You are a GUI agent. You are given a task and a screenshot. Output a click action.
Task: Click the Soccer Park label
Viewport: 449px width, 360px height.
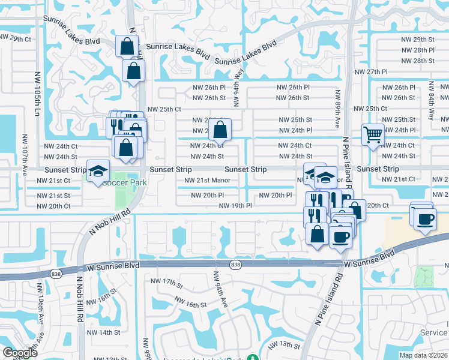coord(125,182)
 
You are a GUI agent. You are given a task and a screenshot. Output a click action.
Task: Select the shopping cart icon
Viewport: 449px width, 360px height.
coord(373,135)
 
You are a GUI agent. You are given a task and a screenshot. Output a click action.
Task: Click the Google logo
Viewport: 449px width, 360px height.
coord(20,353)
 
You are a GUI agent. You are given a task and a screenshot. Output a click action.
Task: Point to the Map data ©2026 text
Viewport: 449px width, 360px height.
coord(424,355)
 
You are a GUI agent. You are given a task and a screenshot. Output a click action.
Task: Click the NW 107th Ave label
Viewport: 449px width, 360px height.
coord(25,163)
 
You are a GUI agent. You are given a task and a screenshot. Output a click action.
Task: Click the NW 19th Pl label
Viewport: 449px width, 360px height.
coord(235,206)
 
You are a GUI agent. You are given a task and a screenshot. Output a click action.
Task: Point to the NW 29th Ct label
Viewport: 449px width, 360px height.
coord(15,38)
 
